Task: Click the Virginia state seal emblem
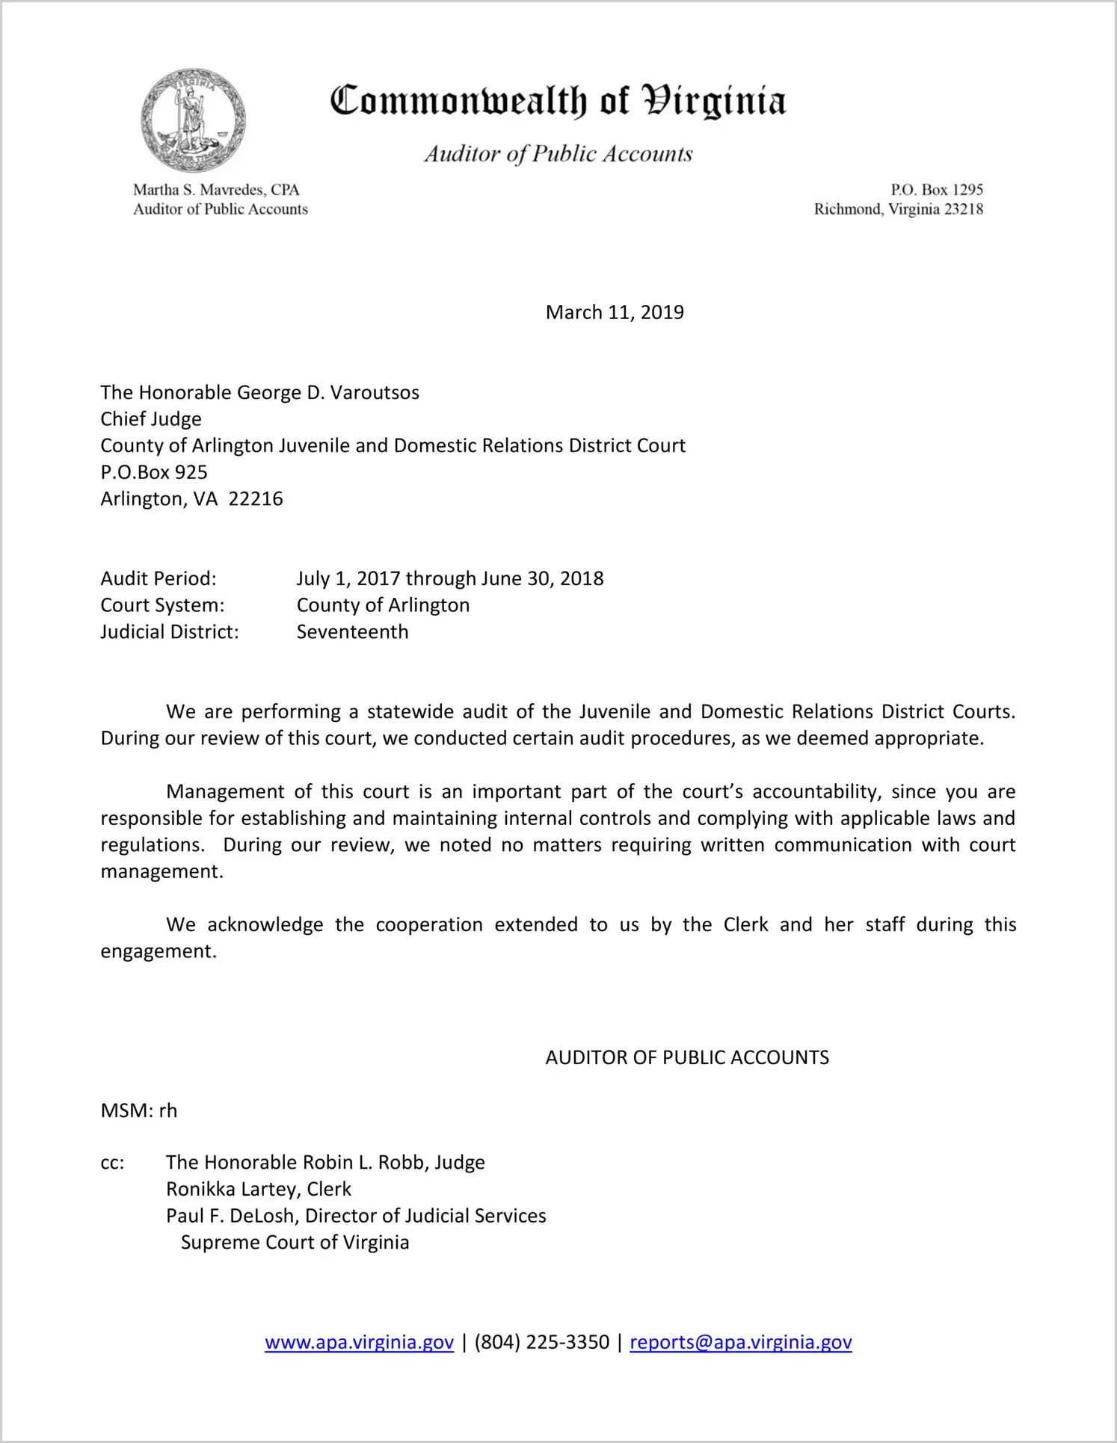click(x=194, y=121)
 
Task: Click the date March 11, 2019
click(x=615, y=312)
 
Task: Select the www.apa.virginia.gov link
click(x=359, y=1343)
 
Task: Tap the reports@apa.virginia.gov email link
click(x=740, y=1343)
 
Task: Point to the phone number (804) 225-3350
click(x=541, y=1343)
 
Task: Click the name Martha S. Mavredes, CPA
click(x=216, y=190)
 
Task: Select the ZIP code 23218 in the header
click(x=964, y=209)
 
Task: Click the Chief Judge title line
click(x=151, y=419)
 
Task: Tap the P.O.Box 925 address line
click(x=154, y=472)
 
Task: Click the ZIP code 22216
click(x=256, y=499)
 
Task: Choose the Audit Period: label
click(x=159, y=579)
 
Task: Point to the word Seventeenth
click(x=352, y=632)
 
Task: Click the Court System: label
click(x=162, y=605)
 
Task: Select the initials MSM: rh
click(x=139, y=1111)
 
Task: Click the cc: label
click(x=112, y=1164)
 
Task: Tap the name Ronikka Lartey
click(x=232, y=1190)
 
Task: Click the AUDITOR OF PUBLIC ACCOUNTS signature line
click(x=687, y=1058)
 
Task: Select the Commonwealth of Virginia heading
click(x=558, y=101)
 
